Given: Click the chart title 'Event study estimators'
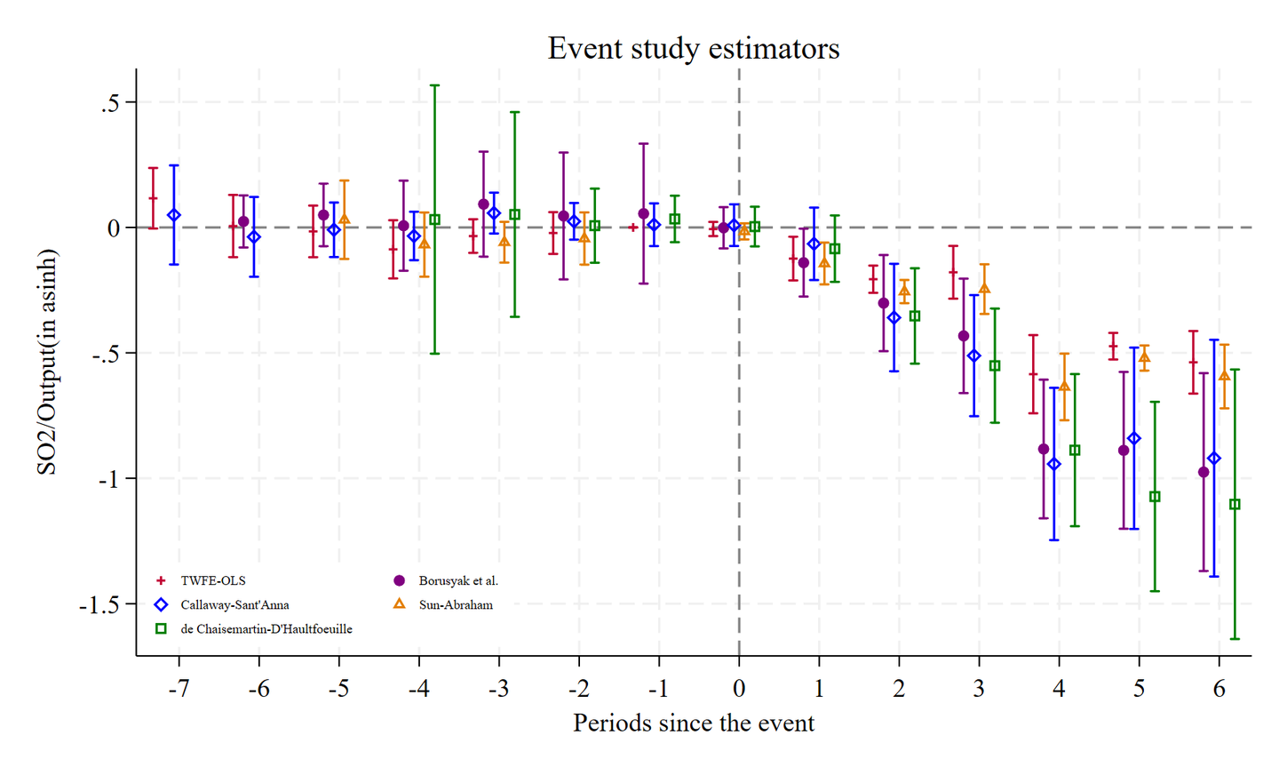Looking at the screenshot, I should click(693, 48).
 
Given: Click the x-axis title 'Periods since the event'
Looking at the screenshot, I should click(693, 723).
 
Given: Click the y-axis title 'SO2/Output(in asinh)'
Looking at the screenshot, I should click(47, 362).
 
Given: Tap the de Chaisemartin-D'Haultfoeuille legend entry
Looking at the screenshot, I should click(266, 628).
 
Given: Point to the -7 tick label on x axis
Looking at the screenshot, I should click(179, 689).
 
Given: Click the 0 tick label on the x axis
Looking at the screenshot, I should click(739, 689).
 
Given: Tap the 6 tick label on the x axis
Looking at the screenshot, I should click(1219, 689).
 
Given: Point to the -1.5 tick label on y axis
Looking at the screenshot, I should click(99, 605).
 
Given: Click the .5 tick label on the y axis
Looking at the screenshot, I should click(110, 103).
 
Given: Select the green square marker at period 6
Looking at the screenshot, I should click(1235, 504).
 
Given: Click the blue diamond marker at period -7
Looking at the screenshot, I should click(174, 215).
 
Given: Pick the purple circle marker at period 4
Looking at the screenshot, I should click(1044, 449).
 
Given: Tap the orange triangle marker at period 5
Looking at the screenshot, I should click(1144, 358).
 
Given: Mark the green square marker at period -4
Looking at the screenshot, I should click(434, 220).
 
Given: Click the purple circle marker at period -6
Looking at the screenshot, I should click(243, 221).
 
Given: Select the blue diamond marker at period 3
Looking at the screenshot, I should click(974, 356).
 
